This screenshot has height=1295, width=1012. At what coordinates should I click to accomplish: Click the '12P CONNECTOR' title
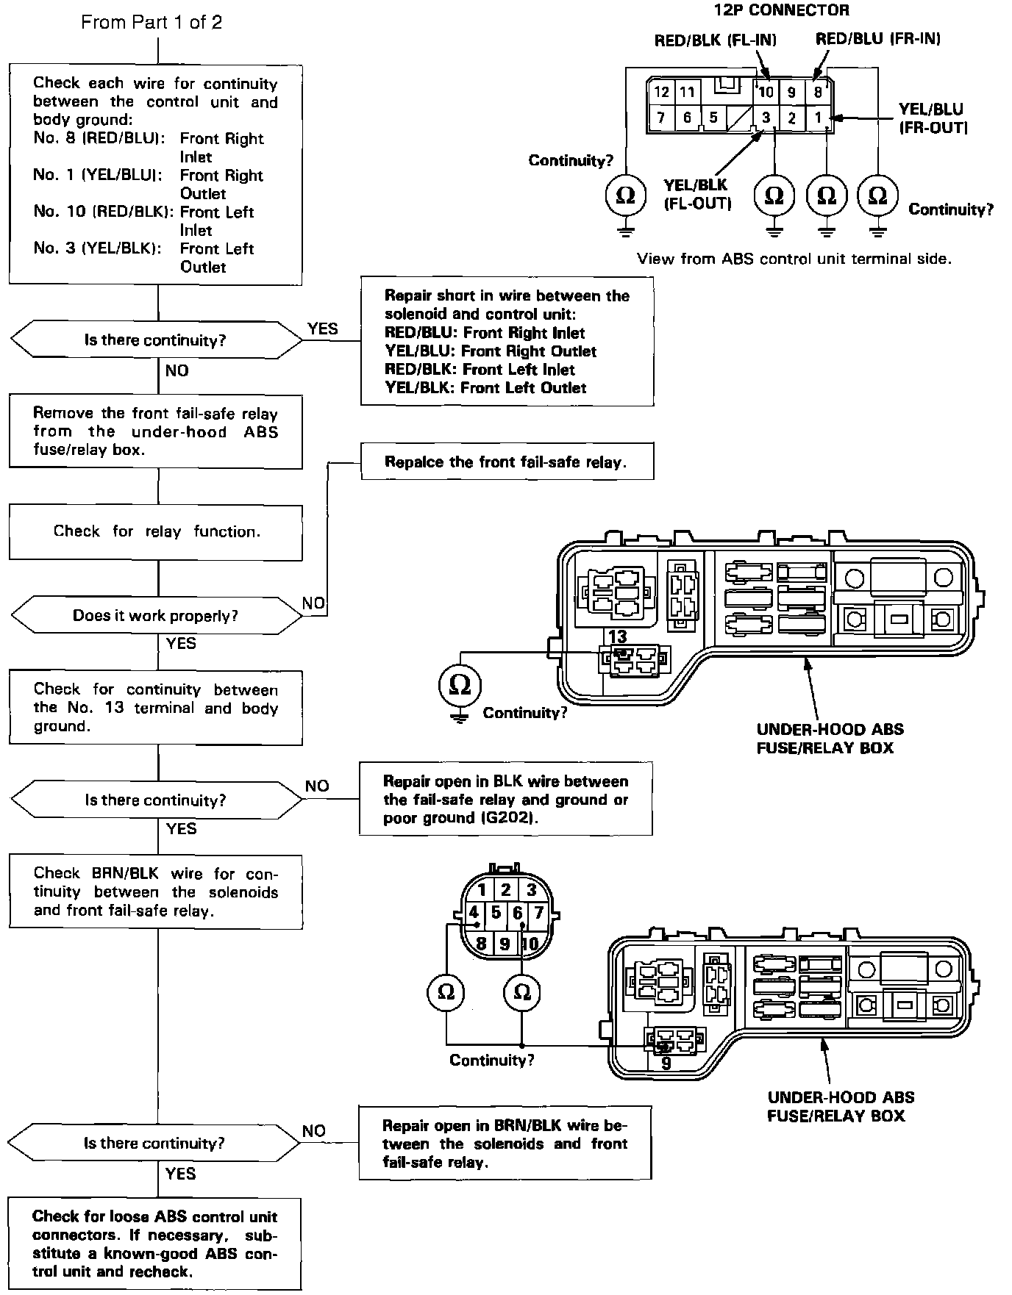781,10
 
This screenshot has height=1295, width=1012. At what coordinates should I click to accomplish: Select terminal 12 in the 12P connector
662,92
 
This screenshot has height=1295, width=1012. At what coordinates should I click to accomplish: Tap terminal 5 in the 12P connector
713,118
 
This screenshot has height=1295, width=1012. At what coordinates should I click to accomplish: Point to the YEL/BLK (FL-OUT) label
696,194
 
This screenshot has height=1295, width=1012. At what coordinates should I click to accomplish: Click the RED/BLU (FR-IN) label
877,39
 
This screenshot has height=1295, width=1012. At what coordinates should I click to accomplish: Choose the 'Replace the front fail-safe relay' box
507,462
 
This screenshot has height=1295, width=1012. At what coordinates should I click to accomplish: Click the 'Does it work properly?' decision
155,616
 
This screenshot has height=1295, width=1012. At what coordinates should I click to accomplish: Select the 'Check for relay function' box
156,532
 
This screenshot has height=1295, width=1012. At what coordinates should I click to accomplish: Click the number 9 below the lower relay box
666,1063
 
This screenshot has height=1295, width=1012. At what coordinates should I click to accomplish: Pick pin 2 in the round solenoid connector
505,890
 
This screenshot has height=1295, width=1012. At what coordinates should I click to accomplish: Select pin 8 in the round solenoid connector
481,943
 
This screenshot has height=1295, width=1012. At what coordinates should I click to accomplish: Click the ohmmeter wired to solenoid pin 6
521,992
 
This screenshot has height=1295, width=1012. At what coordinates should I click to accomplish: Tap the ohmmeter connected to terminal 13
459,685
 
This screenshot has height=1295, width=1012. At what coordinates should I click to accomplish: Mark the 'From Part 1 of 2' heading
152,22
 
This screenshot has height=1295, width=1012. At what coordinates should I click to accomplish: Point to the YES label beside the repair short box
322,329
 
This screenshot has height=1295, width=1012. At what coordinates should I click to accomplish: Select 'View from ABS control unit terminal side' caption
794,259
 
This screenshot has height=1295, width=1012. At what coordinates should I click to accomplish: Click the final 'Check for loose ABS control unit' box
155,1244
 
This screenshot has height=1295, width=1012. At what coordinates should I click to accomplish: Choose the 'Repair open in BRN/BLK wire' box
505,1144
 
